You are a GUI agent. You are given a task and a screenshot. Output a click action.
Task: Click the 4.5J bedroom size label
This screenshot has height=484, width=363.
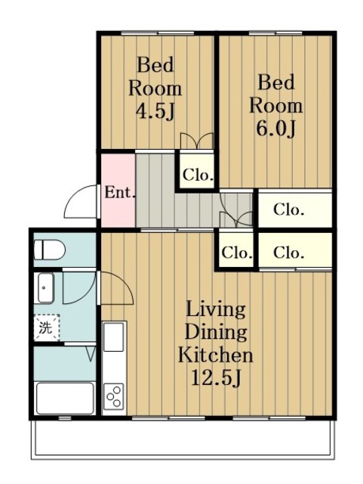(155, 111)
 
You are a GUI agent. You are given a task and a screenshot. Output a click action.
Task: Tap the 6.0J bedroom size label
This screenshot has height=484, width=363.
(275, 129)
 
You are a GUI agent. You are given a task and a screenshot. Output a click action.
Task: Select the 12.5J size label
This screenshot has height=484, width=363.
(215, 377)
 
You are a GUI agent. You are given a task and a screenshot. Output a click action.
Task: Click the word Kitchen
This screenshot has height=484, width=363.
(215, 355)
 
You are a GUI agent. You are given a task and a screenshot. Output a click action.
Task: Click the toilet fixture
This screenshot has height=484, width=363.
(49, 250)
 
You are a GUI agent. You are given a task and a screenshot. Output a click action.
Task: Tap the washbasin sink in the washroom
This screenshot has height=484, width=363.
(46, 288)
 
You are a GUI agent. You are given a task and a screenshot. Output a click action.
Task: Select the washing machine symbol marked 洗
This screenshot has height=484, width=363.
(47, 327)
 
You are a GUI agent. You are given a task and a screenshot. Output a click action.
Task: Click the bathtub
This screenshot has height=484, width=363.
(65, 399)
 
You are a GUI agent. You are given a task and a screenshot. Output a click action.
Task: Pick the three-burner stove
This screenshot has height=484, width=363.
(114, 396)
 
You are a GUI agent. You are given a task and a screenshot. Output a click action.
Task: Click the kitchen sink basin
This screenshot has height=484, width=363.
(114, 337)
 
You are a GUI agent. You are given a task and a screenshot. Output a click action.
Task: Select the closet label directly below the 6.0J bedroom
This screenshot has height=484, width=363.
(289, 210)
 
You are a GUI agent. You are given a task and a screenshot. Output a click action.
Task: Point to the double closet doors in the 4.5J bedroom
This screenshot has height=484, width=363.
(197, 141)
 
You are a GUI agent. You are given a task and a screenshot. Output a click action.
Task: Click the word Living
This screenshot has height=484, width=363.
(215, 309)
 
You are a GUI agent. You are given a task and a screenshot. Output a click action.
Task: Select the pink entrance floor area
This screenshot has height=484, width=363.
(118, 190)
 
